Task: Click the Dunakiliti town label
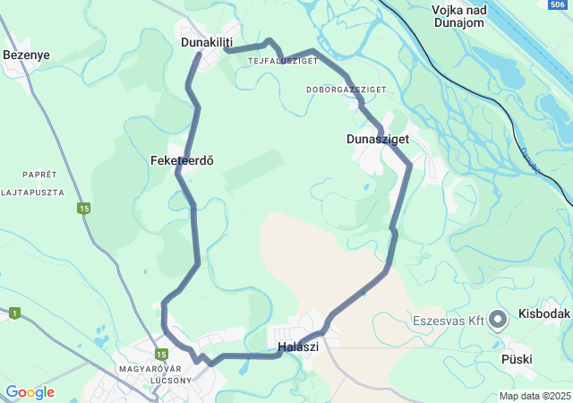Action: click(206, 42)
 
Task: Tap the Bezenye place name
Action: click(26, 55)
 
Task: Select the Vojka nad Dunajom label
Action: click(459, 15)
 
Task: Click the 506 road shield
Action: click(557, 4)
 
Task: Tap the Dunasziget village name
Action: click(378, 139)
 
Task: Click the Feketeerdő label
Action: click(182, 160)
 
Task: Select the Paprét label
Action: click(39, 175)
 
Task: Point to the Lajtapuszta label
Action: click(32, 192)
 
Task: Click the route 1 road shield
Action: click(14, 313)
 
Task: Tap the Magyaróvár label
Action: click(150, 369)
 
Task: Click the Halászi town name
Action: click(297, 347)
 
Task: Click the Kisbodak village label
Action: click(543, 315)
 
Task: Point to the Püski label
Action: click(517, 359)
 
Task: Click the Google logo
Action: click(30, 392)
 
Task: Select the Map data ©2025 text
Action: click(535, 396)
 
